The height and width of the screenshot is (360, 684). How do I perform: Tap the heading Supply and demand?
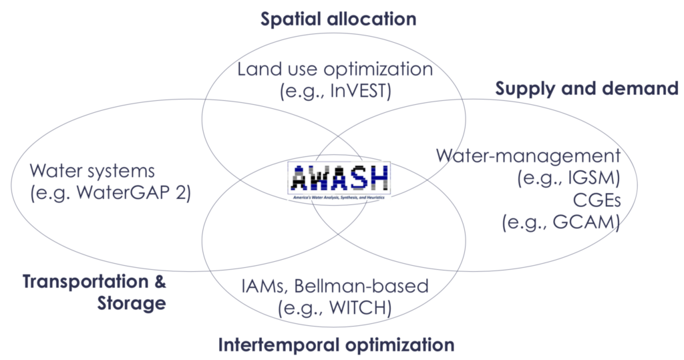tap(586, 88)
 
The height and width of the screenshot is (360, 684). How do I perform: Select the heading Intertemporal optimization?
tap(336, 345)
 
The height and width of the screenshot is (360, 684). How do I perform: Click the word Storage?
tap(131, 303)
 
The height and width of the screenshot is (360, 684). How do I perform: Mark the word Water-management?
tap(528, 156)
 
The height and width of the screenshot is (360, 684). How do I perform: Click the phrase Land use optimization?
tap(335, 69)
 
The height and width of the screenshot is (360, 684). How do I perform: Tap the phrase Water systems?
tap(92, 171)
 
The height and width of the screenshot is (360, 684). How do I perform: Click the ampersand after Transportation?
tap(160, 281)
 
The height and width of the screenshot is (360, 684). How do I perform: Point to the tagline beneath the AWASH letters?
tap(340, 190)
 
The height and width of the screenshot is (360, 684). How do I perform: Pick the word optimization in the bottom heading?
tap(395, 345)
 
